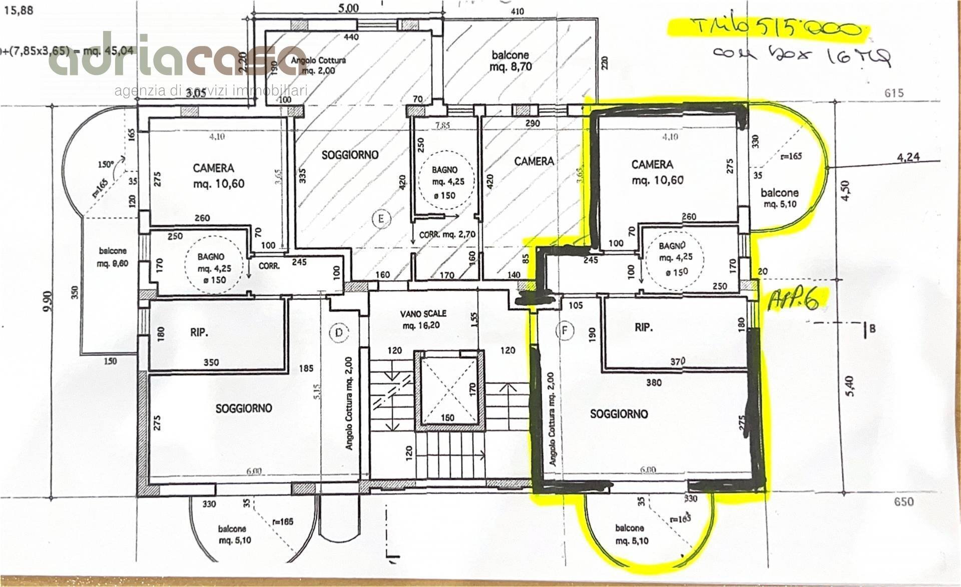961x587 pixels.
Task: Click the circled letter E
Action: click(x=381, y=219)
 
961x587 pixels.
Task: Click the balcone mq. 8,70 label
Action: click(x=510, y=60)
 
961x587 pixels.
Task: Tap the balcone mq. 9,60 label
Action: click(x=113, y=256)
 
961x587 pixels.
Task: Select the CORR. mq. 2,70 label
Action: click(x=447, y=234)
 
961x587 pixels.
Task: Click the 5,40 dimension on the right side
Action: click(x=856, y=385)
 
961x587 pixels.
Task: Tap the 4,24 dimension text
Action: click(x=908, y=157)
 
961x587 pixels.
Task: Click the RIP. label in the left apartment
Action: click(x=199, y=332)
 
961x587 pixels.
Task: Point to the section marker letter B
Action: click(x=873, y=328)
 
